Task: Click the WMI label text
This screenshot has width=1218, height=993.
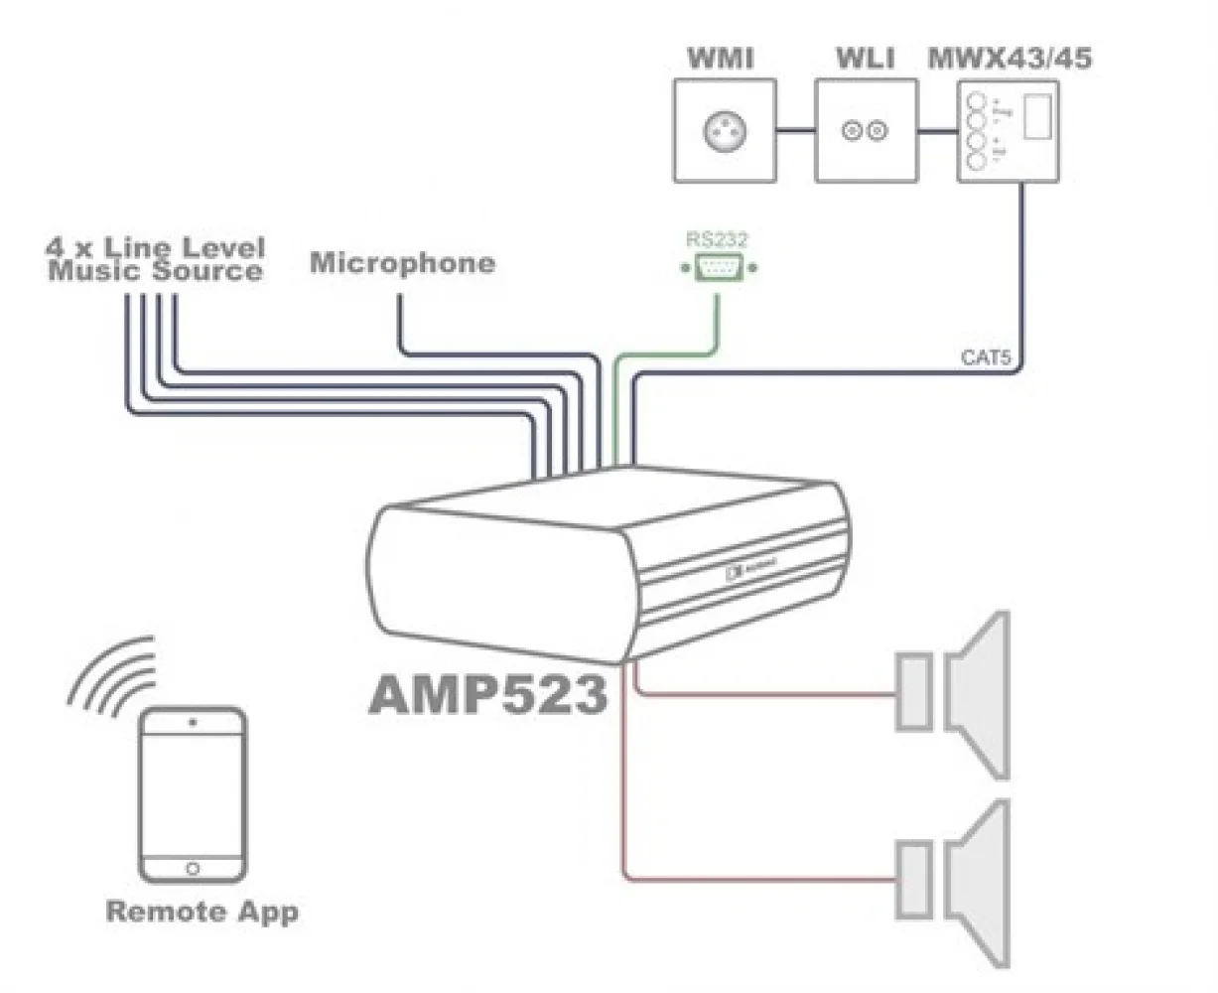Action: click(721, 58)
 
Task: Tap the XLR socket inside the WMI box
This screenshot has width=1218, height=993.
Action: click(723, 130)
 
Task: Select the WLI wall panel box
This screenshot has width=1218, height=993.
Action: click(864, 130)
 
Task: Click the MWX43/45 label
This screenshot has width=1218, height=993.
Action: click(1009, 58)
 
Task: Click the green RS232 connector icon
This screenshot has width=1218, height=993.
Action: click(718, 267)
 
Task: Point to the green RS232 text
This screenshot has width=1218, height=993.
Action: click(717, 238)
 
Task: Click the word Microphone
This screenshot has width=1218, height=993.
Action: click(402, 263)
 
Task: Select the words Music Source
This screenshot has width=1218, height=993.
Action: click(156, 271)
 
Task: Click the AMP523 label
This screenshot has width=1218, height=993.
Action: click(487, 695)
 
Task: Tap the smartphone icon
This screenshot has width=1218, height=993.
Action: click(192, 794)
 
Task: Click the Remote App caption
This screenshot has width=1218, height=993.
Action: click(202, 912)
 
